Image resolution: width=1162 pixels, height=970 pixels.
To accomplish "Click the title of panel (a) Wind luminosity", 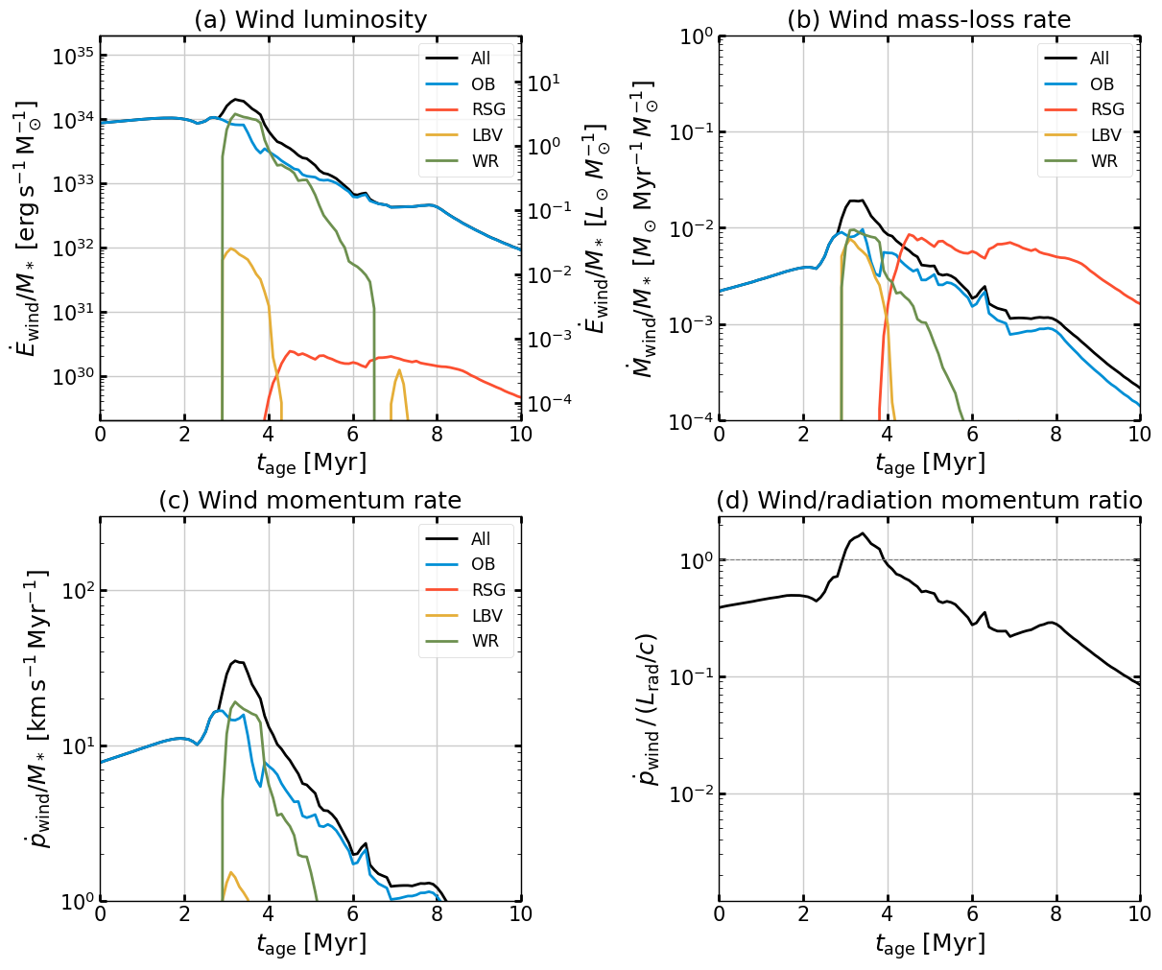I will click(x=310, y=19).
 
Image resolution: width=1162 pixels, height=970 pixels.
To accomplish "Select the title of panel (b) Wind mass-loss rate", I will click(x=929, y=19).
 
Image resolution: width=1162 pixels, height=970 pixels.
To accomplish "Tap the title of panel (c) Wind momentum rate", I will click(x=310, y=501).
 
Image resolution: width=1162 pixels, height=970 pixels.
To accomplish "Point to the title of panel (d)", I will click(x=929, y=501).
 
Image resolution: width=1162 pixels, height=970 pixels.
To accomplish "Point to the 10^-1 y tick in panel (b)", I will click(x=689, y=132).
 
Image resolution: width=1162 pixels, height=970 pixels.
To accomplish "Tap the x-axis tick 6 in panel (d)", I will click(x=972, y=915).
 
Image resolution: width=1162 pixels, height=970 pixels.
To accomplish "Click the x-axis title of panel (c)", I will click(x=310, y=944).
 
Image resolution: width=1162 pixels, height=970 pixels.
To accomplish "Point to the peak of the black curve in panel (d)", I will click(x=863, y=533).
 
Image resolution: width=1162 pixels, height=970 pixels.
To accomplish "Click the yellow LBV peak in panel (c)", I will click(x=230, y=872).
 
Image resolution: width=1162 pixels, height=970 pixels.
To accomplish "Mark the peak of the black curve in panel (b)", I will click(x=860, y=201).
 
